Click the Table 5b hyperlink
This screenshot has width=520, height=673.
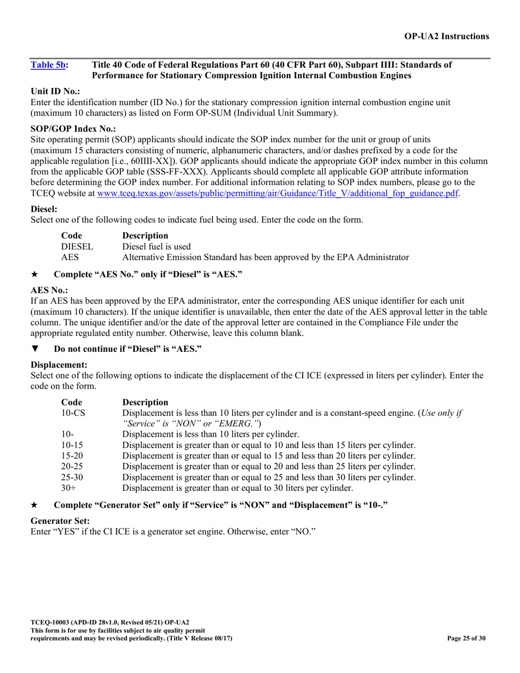48,65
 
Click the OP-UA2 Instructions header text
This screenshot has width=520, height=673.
446,36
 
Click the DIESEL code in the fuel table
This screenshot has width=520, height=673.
77,246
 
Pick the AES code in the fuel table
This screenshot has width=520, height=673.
70,257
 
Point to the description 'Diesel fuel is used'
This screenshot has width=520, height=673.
157,246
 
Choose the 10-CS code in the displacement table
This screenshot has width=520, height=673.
73,413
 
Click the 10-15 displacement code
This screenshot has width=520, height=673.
72,445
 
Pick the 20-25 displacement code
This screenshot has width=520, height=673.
72,466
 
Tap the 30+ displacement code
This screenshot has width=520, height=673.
67,487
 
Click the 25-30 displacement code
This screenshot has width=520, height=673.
72,477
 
